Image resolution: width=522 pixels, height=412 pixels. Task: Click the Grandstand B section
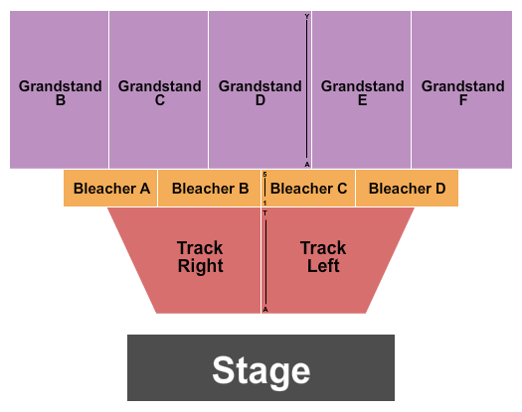tap(60, 93)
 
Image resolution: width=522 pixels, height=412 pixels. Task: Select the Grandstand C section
tap(159, 93)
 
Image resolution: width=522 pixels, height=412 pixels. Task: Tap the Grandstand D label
tap(260, 93)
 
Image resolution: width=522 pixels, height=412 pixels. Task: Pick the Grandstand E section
tap(362, 93)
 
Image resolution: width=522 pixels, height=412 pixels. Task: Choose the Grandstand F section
tap(462, 93)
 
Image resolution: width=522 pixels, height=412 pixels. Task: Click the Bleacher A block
tap(110, 189)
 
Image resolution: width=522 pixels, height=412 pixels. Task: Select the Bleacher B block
tap(210, 189)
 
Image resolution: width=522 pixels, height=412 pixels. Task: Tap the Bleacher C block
tap(309, 189)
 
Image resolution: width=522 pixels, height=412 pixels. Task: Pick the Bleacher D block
tap(408, 189)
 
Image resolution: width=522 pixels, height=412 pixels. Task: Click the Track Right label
tap(200, 257)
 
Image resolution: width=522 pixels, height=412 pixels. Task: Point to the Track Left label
tap(323, 257)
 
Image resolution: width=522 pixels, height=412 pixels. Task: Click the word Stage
tap(261, 371)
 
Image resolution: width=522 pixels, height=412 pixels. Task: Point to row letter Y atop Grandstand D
tap(307, 17)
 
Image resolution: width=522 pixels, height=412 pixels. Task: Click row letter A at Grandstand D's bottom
tap(307, 164)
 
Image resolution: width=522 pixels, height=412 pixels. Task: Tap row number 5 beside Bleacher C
tap(265, 175)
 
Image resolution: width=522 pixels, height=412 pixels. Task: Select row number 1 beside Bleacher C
tap(265, 203)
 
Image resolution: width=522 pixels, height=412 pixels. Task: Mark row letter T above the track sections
tap(265, 213)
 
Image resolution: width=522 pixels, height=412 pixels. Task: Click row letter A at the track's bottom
tap(265, 309)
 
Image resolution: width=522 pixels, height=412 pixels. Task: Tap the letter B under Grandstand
tap(60, 101)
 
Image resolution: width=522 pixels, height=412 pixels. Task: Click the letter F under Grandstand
tap(462, 101)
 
